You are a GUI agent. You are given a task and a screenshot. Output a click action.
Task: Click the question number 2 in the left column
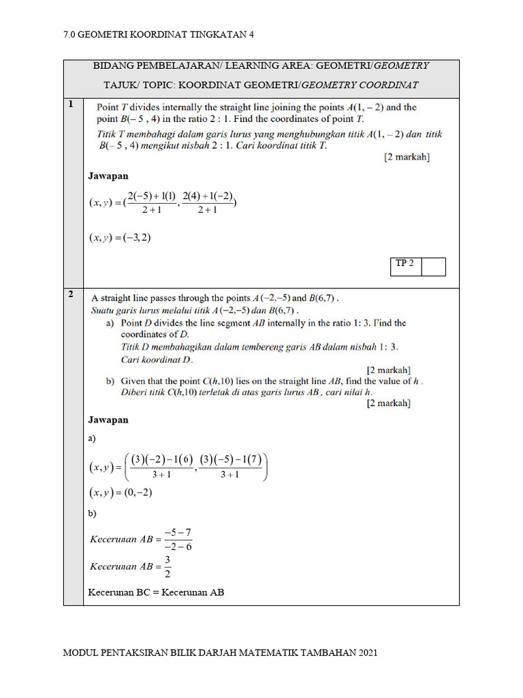point(71,295)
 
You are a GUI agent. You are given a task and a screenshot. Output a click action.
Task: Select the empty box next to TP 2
point(433,267)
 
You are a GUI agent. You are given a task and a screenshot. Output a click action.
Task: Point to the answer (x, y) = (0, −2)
point(120,492)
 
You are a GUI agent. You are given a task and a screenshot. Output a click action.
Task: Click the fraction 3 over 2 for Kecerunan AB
point(168,566)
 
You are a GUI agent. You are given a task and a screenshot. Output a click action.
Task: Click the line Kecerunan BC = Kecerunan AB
point(156,592)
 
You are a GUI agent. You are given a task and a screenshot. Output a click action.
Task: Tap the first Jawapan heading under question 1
point(108,176)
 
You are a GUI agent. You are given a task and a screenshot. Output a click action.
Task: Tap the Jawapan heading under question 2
point(108,420)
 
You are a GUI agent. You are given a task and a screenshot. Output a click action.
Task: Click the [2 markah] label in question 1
point(407,157)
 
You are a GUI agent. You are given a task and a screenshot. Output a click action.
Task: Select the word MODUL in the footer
point(80,653)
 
